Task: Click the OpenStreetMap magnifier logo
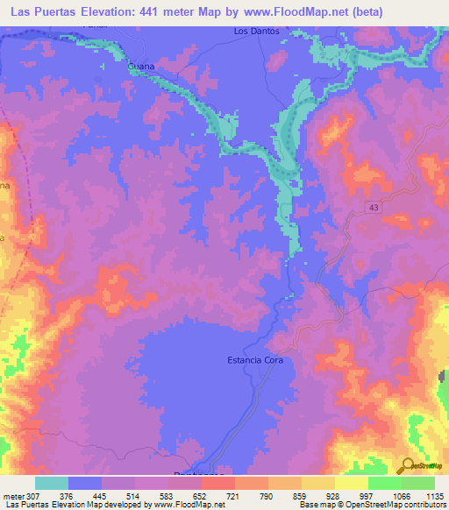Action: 407,467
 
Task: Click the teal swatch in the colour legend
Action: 52,484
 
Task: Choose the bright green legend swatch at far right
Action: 418,484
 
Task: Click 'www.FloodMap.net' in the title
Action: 289,12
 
